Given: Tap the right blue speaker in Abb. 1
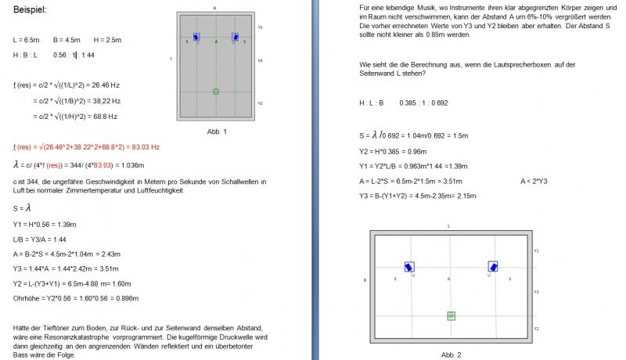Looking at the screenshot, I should pyautogui.click(x=235, y=37).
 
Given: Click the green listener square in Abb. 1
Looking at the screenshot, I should pyautogui.click(x=216, y=92).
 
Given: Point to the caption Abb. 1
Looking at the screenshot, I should pyautogui.click(x=216, y=131).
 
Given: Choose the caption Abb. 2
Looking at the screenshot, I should pyautogui.click(x=452, y=355).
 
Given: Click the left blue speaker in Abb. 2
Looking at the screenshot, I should pyautogui.click(x=409, y=266).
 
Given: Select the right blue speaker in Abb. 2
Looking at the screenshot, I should pyautogui.click(x=493, y=266).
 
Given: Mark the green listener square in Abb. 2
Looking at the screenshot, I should pyautogui.click(x=452, y=315).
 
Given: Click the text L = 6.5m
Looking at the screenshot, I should pyautogui.click(x=27, y=39).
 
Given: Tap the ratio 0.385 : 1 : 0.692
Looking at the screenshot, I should pyautogui.click(x=423, y=103).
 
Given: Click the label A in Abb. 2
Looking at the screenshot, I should pyautogui.click(x=449, y=278).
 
